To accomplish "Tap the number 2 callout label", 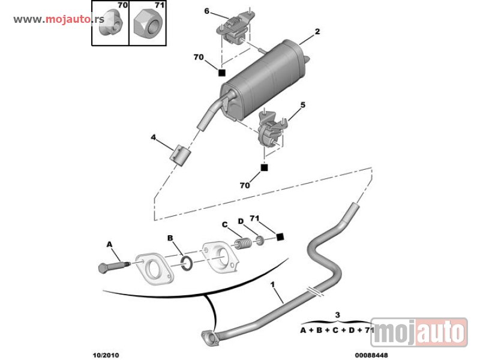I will [x=317, y=31].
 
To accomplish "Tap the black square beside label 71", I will [x=280, y=238].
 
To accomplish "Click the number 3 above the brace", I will [x=338, y=314].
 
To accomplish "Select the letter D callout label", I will [x=241, y=221].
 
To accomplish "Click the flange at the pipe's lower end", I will [x=208, y=338].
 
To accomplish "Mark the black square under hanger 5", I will [x=263, y=167].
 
